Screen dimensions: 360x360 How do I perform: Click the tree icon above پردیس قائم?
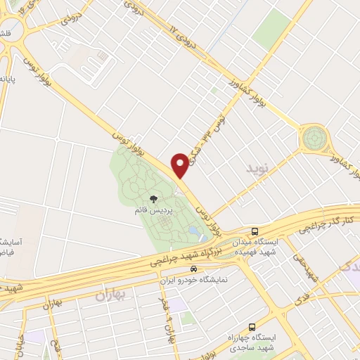click(x=153, y=200)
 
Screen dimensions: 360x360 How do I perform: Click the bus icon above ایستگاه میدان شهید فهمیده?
click(x=255, y=231)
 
